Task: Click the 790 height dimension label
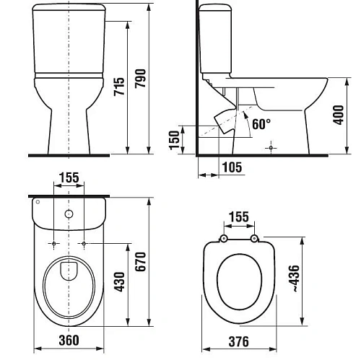click(x=140, y=79)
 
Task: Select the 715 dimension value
click(x=119, y=87)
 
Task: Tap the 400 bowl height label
click(x=339, y=115)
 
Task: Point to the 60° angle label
click(x=261, y=124)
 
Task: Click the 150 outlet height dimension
click(x=174, y=140)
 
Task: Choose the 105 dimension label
click(x=232, y=167)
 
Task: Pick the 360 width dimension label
click(x=69, y=340)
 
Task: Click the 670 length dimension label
click(x=140, y=262)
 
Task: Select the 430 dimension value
click(x=119, y=282)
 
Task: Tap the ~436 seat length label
click(x=294, y=278)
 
